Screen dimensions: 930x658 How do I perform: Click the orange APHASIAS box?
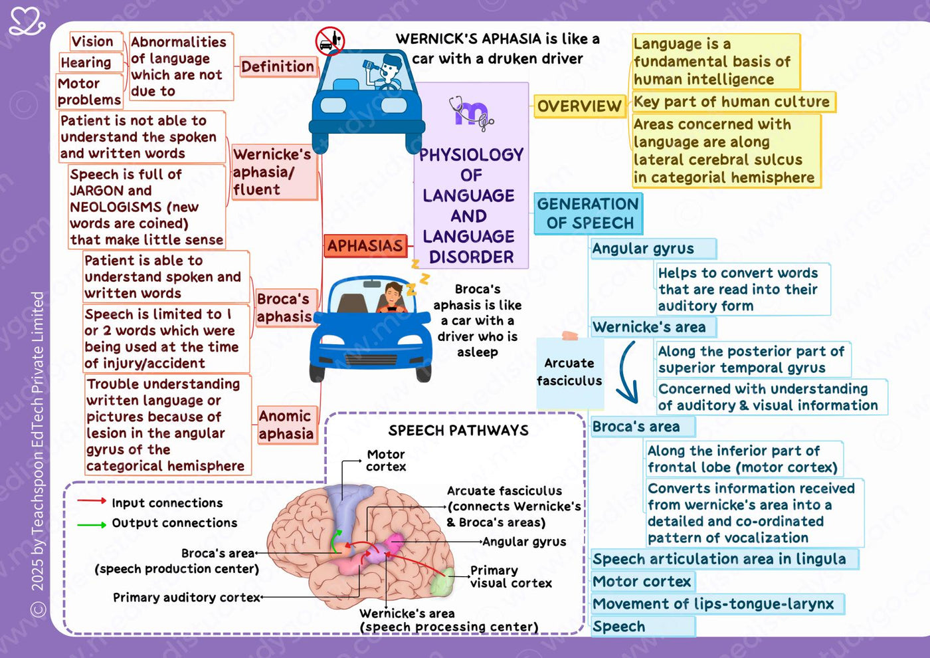(x=365, y=245)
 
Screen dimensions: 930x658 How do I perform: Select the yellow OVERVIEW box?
(x=579, y=106)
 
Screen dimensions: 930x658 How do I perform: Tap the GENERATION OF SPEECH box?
(x=589, y=213)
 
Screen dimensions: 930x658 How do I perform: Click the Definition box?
(x=278, y=66)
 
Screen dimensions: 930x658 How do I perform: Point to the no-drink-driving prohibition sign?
(x=329, y=41)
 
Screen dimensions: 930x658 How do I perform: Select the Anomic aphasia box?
(x=287, y=425)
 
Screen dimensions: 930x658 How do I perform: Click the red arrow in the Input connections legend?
(x=92, y=501)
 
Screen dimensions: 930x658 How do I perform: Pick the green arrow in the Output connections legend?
(x=92, y=525)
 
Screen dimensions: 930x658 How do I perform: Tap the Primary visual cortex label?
(x=511, y=577)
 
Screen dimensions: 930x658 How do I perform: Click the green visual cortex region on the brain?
(x=442, y=582)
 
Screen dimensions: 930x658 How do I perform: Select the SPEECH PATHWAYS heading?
(x=458, y=431)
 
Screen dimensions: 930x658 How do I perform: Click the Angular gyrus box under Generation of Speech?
(x=653, y=249)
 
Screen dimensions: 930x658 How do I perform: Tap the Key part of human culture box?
(x=733, y=102)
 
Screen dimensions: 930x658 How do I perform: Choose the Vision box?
(x=96, y=41)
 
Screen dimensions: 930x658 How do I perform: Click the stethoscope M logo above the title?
(x=472, y=113)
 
